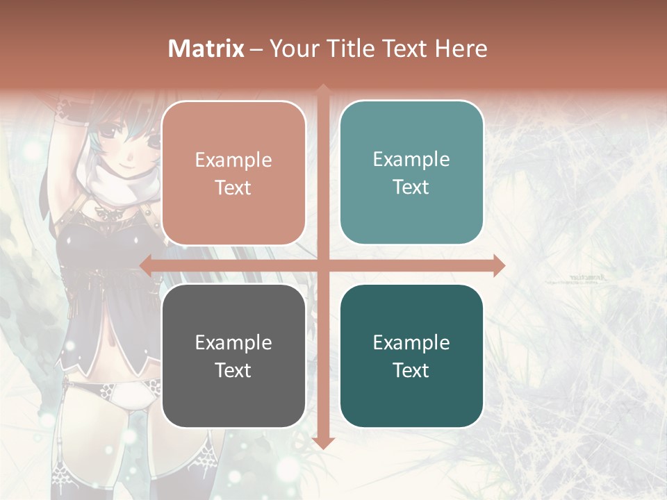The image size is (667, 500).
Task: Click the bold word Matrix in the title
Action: pos(206,49)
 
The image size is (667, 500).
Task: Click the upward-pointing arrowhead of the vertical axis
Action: pos(323,90)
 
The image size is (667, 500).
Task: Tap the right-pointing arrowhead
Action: pos(499,265)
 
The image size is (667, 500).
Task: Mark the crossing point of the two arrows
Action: pos(323,265)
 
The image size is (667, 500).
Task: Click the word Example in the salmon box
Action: pos(233,160)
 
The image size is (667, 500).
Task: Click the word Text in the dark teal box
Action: pos(411,370)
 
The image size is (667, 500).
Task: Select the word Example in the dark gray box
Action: pos(233,342)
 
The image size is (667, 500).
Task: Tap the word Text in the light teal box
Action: pos(411,187)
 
